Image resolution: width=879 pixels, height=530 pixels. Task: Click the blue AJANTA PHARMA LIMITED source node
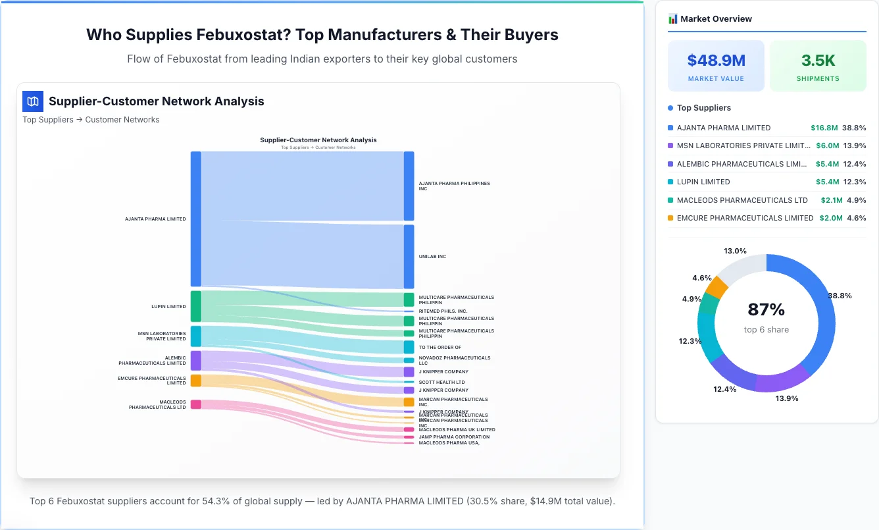pos(195,219)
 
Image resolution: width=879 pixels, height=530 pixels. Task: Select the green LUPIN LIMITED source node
pos(195,306)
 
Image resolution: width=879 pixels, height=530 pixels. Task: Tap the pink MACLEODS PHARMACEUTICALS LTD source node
pos(195,404)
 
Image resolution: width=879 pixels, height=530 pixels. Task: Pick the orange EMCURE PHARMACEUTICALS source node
pos(195,381)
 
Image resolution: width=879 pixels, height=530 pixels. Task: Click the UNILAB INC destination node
pos(409,256)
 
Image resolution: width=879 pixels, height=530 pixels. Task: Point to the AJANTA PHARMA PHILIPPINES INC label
pos(454,186)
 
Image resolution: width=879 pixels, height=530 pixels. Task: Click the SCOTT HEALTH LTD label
pos(441,382)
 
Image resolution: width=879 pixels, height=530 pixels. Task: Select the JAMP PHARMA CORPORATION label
pos(454,437)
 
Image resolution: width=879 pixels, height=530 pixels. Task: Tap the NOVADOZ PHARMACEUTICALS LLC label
pos(454,360)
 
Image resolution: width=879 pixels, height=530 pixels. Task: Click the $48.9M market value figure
pos(716,61)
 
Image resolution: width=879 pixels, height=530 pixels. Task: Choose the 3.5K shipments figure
pos(818,61)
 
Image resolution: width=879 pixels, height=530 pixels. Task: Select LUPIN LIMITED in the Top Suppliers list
pos(703,182)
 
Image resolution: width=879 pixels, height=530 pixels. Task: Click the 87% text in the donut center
pos(766,309)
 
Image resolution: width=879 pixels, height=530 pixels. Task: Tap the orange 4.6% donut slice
pos(716,288)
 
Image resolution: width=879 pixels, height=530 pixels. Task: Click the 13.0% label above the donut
pos(735,251)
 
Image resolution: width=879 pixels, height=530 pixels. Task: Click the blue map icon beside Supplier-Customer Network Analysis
pos(32,101)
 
